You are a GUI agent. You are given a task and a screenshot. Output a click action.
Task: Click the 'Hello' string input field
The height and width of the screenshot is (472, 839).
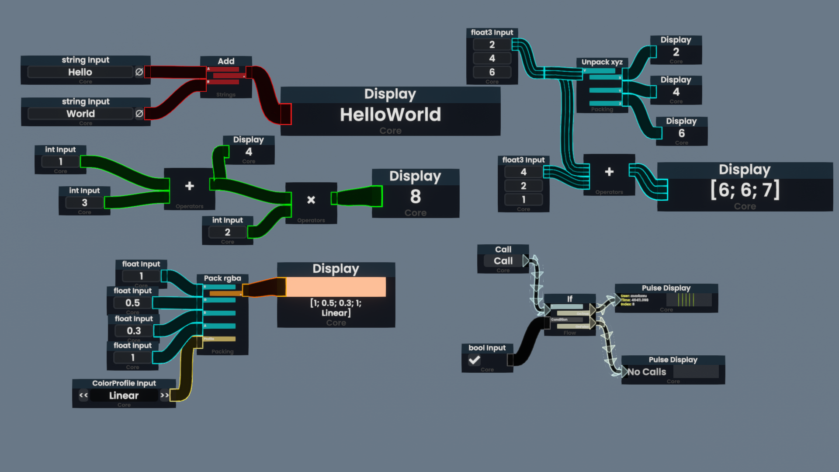coord(80,72)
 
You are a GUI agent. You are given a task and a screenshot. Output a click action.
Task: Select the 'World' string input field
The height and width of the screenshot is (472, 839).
coord(80,114)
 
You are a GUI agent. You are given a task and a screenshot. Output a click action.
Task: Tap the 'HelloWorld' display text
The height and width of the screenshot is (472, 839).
coord(390,115)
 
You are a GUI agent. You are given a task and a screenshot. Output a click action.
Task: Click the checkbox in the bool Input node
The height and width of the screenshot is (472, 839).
coord(475,360)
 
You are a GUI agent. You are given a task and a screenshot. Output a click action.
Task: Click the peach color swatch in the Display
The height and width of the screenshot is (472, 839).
coord(336,287)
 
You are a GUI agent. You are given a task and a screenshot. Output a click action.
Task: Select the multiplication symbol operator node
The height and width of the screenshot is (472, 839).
coord(311,200)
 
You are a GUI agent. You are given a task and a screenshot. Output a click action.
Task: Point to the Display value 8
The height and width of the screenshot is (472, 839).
coord(415,197)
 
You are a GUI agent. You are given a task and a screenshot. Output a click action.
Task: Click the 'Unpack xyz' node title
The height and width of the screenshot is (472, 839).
coord(602,62)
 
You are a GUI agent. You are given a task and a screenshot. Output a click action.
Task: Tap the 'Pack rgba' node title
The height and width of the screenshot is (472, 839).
coord(222,278)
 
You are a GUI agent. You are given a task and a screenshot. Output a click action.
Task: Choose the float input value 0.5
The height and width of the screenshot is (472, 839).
coord(132,303)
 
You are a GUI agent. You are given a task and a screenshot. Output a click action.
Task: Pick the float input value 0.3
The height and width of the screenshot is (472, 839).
coord(134,331)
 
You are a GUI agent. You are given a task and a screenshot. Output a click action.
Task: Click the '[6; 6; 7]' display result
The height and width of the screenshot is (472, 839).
coord(745,190)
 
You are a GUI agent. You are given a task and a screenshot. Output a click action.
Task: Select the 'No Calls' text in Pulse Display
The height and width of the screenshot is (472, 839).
coord(647,372)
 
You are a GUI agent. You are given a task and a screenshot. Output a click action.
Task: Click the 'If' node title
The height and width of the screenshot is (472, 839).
coord(569,299)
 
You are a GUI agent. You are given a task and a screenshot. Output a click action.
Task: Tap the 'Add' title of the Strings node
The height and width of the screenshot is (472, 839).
coord(226,61)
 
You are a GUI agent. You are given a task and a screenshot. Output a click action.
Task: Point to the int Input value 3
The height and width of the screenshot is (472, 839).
coord(84,203)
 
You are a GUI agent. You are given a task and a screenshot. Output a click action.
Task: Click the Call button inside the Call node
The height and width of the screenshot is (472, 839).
coord(503,261)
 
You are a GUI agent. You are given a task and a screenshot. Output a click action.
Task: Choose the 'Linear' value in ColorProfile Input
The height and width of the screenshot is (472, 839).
coord(124,396)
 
